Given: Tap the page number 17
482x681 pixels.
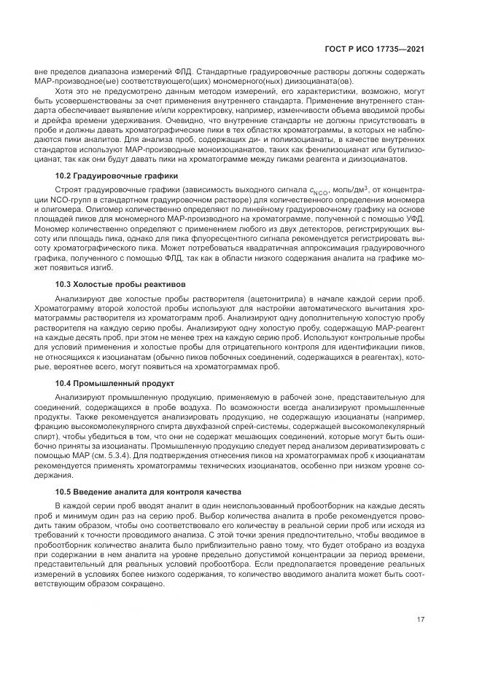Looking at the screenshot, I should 421,621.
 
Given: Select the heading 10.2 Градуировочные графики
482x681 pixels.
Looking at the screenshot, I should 115,196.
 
